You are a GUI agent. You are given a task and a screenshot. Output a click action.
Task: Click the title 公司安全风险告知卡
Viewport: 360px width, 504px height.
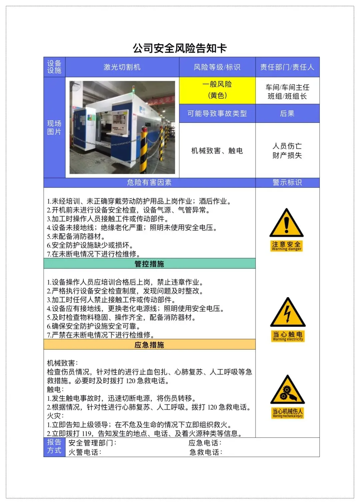pos(180,48)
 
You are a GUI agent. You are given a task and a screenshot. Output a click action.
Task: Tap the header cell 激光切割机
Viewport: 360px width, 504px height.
pos(122,67)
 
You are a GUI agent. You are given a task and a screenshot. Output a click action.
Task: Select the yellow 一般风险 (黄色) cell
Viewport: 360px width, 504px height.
pos(217,90)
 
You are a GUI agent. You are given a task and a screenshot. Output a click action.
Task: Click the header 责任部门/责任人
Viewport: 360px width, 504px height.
pos(287,67)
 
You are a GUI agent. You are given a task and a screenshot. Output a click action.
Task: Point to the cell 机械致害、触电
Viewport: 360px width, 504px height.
pos(217,151)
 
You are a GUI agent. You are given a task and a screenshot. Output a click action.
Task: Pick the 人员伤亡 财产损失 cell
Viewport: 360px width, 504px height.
pos(287,151)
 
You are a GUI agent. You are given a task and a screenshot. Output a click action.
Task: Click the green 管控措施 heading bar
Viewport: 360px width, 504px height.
pos(149,263)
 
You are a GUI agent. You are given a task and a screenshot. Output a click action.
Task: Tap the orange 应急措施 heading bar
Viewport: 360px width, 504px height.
pos(149,344)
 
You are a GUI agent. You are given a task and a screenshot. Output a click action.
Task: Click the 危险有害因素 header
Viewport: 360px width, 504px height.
pos(149,183)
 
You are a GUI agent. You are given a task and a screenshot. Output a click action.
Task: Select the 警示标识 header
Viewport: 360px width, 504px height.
pos(287,183)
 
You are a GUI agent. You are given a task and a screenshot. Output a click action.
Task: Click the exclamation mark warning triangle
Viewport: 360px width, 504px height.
pos(286,223)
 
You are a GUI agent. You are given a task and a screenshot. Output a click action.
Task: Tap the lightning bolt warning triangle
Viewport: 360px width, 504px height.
pos(288,312)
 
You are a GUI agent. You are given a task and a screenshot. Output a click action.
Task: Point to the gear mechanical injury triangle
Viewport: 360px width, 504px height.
pos(288,390)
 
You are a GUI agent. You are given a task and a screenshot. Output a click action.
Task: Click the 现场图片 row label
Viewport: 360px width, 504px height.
pos(54,128)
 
